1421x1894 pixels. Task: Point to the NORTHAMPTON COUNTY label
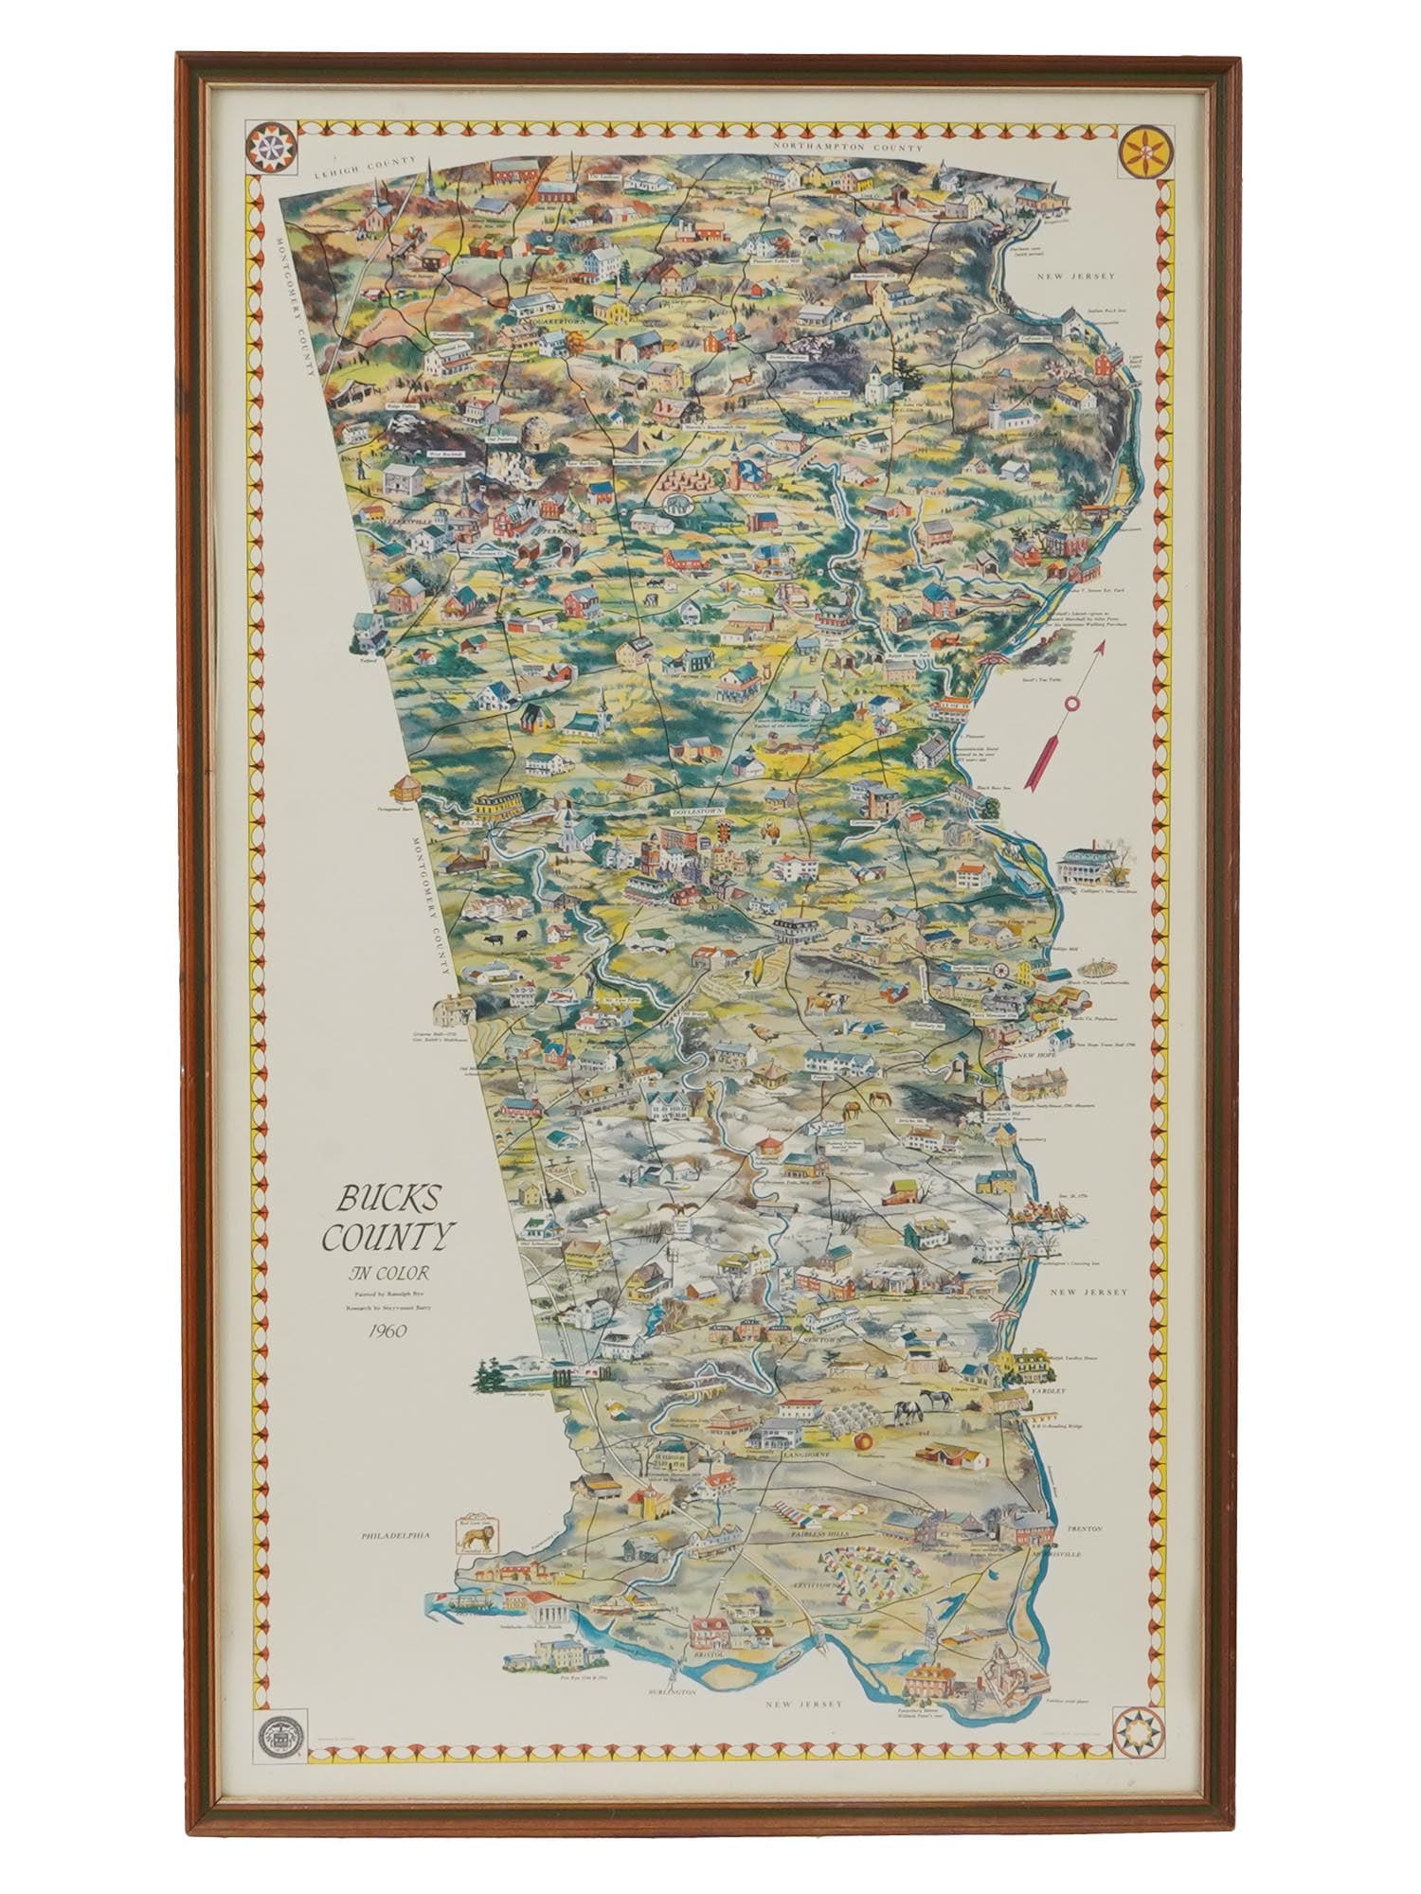click(x=847, y=148)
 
